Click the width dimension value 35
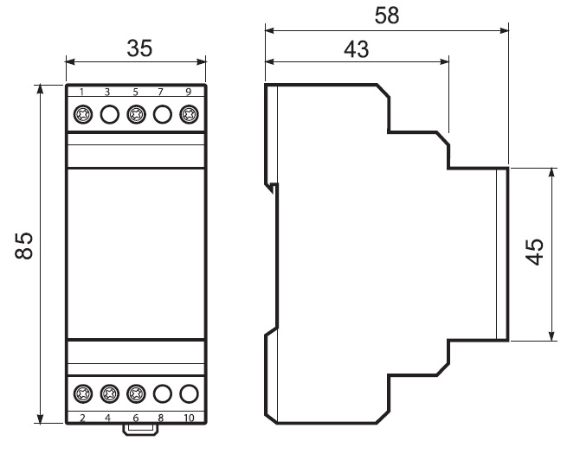(136, 49)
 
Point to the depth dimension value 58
(386, 16)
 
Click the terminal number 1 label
(82, 92)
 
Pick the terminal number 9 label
(189, 92)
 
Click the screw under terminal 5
(136, 115)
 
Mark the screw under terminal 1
(82, 115)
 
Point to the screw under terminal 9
(189, 115)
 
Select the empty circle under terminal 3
(109, 115)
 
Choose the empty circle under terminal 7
(163, 115)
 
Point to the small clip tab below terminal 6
(136, 429)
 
